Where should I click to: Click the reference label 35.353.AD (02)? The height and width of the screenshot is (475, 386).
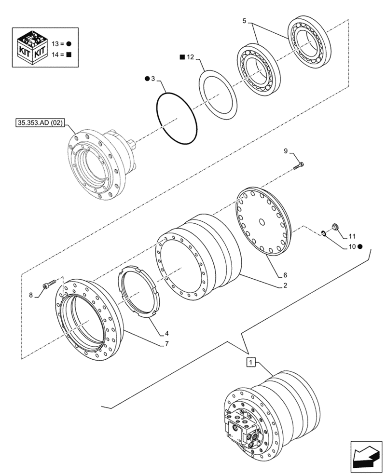(40, 122)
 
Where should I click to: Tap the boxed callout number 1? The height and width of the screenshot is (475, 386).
(252, 362)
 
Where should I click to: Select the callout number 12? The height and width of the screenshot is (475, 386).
(190, 57)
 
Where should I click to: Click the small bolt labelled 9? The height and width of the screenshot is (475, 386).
(299, 166)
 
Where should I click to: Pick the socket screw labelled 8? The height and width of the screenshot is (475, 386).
(50, 284)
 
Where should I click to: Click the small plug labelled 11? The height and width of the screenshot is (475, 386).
(335, 226)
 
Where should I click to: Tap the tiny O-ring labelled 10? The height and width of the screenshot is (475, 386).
(324, 233)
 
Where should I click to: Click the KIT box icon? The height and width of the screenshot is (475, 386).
(31, 48)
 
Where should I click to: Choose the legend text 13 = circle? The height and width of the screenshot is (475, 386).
(61, 44)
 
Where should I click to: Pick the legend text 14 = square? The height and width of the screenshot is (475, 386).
(61, 55)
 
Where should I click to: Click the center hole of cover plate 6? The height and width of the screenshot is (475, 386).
(262, 222)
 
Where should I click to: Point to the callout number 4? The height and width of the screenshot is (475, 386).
(166, 334)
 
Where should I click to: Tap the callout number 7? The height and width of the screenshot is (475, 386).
(166, 344)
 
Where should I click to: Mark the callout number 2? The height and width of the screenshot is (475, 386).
(285, 285)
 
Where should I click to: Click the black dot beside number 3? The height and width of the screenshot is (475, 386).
(147, 79)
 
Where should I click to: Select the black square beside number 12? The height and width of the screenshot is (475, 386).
(182, 57)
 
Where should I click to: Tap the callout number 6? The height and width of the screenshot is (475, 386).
(285, 275)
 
